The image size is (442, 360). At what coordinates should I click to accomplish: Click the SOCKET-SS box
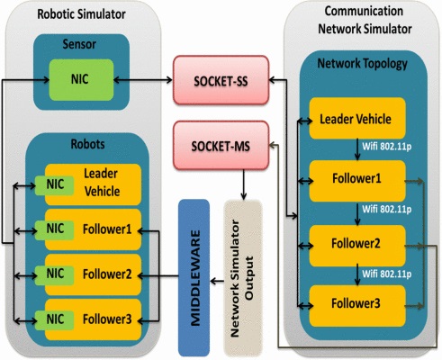tap(221, 80)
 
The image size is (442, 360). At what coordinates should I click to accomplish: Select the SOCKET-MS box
tap(221, 145)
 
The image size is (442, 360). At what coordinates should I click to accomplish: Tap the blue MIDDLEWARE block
tap(194, 277)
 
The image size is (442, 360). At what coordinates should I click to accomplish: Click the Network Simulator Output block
tap(243, 277)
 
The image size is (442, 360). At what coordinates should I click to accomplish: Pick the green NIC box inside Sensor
tap(81, 80)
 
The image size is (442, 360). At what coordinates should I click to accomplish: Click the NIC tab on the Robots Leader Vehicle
tap(55, 185)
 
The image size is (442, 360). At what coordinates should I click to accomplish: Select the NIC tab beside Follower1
tap(55, 230)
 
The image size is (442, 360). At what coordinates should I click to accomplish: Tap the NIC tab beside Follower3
tap(55, 320)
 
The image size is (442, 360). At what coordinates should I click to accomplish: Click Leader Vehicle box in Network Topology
tap(357, 118)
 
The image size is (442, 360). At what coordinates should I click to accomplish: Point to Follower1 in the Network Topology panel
tap(357, 181)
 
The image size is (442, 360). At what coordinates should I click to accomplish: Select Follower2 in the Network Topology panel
tap(357, 246)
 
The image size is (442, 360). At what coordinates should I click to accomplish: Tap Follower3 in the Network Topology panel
tap(357, 306)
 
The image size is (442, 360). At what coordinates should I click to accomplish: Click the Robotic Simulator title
tap(81, 14)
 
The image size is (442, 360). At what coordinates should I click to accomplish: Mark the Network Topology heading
tap(363, 64)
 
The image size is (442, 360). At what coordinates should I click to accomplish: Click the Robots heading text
tap(87, 144)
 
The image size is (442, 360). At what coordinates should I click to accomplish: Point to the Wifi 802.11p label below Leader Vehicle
tap(386, 147)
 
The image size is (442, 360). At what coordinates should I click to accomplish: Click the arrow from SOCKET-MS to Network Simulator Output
tap(243, 184)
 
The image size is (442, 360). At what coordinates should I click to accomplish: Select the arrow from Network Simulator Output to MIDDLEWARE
tap(217, 281)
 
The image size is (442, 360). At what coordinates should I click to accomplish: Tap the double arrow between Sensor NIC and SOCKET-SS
tap(143, 80)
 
